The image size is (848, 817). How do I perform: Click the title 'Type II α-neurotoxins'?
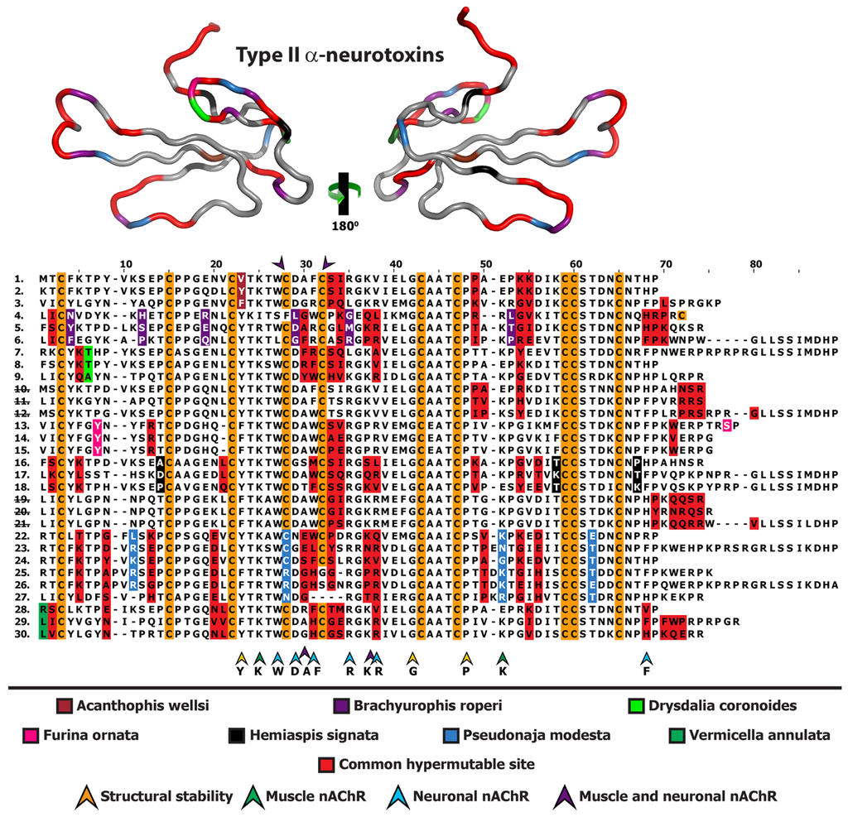coord(340,55)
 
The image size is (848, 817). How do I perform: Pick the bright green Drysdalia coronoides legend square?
coord(636,706)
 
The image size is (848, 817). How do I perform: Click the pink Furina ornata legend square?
coord(30,733)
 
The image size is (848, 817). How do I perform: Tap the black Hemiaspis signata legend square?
coord(236,733)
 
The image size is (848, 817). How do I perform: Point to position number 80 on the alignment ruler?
coord(755,264)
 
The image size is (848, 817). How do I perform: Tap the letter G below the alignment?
coord(412,671)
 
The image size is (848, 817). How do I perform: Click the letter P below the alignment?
coord(466,671)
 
